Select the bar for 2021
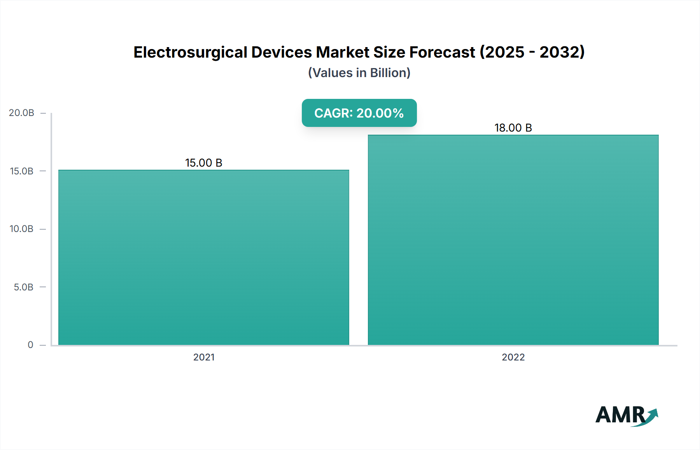(204, 257)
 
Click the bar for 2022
(513, 239)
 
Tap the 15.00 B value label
(203, 163)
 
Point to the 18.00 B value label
(513, 128)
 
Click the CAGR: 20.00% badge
(359, 113)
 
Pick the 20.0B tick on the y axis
(21, 113)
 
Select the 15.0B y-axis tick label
(21, 171)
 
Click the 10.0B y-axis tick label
(21, 229)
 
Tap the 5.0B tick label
(23, 287)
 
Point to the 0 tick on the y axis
(30, 345)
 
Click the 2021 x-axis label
(204, 357)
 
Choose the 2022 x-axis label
(513, 357)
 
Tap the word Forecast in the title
(442, 52)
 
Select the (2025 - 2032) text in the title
(532, 52)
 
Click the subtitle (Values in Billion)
(359, 73)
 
